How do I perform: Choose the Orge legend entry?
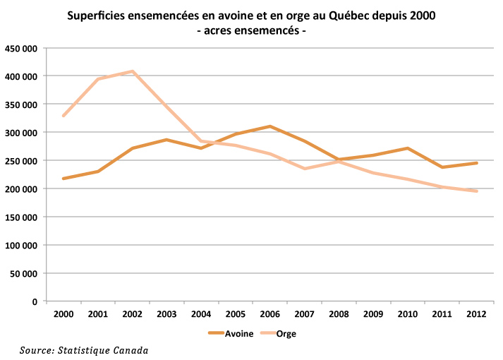click(286, 333)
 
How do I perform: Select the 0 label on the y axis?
click(35, 302)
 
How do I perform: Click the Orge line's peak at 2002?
click(132, 71)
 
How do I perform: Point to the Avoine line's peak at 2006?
click(269, 126)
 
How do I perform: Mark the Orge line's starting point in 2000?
click(63, 116)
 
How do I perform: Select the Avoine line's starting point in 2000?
click(63, 179)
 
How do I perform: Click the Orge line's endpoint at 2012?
click(477, 191)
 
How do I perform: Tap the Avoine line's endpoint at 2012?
click(477, 163)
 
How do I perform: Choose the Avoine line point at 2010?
click(408, 148)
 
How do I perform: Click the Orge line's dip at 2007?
click(304, 169)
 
